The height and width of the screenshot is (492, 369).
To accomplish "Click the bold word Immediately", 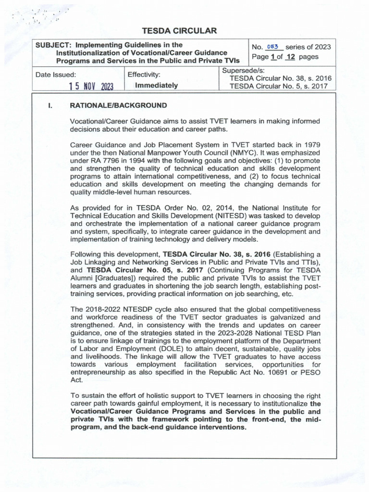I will (x=157, y=86).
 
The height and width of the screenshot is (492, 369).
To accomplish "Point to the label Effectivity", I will (x=144, y=75).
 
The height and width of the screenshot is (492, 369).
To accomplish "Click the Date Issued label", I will (x=56, y=75).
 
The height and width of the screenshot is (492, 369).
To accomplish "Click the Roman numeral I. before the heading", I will (x=49, y=105).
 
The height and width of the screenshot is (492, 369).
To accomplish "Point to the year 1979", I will (x=311, y=145).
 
